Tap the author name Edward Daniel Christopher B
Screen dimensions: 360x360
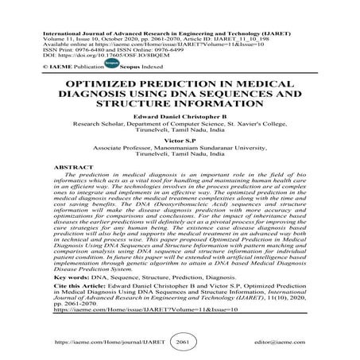pyautogui.click(x=180, y=116)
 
